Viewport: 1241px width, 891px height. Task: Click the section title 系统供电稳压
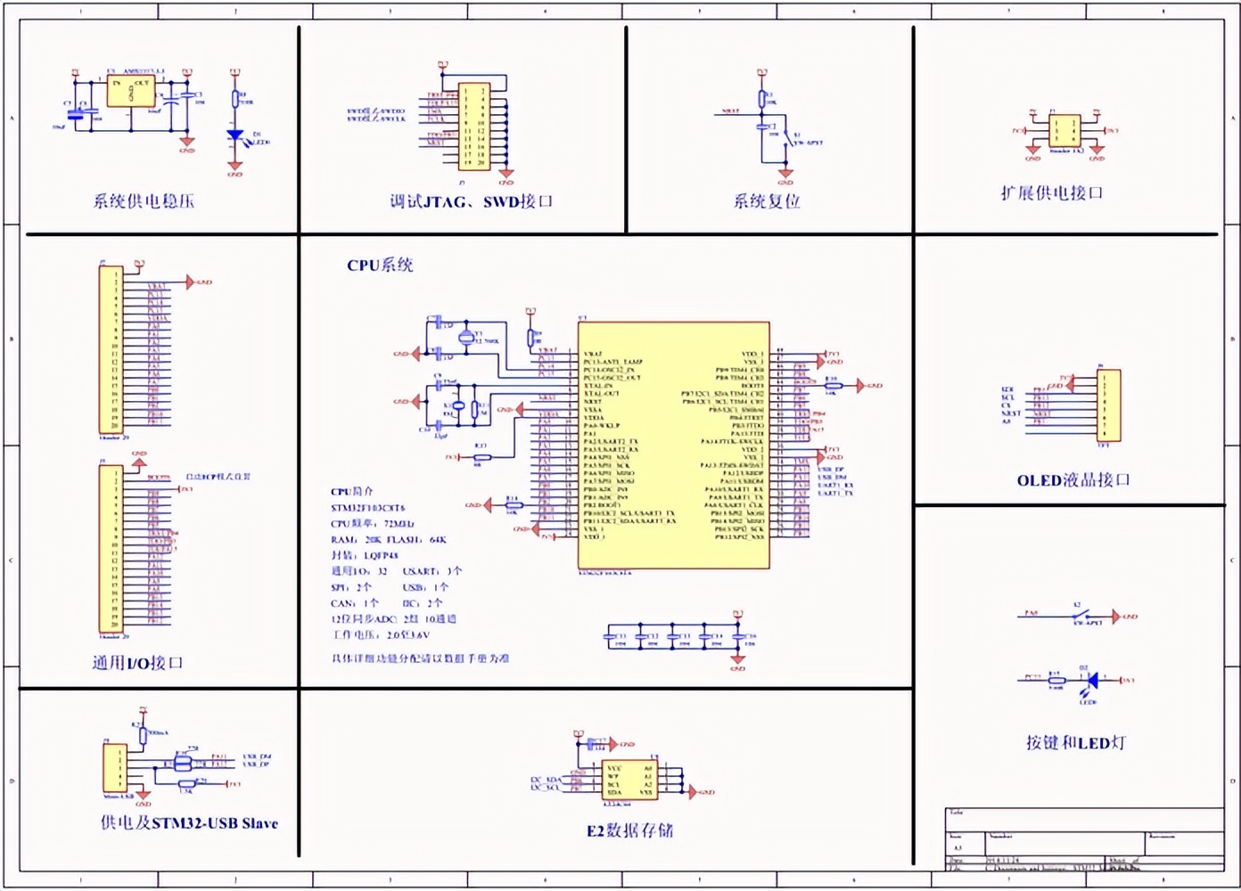144,201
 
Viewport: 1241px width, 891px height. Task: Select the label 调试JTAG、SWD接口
471,201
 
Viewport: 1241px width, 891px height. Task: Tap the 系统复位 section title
766,201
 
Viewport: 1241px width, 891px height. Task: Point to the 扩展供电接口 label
1052,193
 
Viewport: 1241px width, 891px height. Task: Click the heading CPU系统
380,265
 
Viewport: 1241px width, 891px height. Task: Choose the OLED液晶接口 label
1073,480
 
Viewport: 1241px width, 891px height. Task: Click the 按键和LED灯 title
1075,742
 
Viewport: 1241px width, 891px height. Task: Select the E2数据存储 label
629,830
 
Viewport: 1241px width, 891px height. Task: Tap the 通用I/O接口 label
137,663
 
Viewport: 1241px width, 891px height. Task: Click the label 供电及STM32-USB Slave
189,823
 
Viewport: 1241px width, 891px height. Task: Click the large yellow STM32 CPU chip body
673,445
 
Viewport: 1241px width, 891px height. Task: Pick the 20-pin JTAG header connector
473,127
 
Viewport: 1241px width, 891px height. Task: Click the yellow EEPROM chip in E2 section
629,780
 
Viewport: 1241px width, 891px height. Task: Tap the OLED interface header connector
1109,405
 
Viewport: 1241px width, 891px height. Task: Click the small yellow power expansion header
1064,130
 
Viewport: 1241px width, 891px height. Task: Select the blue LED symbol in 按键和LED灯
1093,680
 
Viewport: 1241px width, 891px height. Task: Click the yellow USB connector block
115,767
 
